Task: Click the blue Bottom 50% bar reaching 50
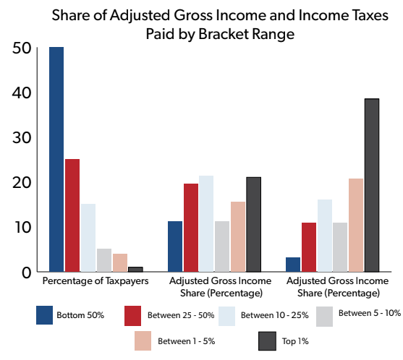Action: tap(56, 159)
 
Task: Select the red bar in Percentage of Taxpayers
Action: tap(72, 215)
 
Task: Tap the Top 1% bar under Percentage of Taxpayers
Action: tap(135, 269)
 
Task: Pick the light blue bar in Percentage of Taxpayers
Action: tap(88, 238)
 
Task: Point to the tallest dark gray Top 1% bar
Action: tap(372, 185)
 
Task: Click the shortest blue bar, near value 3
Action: tap(293, 265)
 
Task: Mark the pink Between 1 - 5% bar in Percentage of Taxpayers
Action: tap(120, 262)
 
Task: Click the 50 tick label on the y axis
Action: tap(22, 48)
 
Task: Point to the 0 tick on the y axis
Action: tap(27, 273)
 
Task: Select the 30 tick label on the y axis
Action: tap(22, 138)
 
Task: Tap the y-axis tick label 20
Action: tap(22, 183)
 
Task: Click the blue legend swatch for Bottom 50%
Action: tap(44, 315)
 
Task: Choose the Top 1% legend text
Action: tap(295, 341)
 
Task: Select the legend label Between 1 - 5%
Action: tap(187, 341)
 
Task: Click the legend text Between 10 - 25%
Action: tap(274, 315)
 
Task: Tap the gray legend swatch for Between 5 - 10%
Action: tap(324, 317)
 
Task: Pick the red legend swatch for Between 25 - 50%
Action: tap(132, 316)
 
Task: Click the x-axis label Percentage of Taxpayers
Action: tap(96, 281)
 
